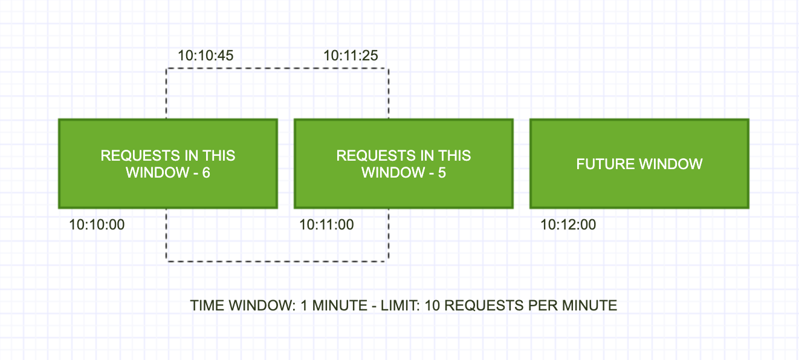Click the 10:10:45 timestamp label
point(205,56)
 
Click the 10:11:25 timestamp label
point(351,56)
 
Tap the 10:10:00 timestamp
point(97,225)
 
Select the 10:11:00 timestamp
point(326,225)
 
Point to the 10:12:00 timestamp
point(568,225)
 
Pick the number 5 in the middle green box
point(441,173)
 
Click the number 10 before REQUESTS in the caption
point(433,306)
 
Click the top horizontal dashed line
point(277,68)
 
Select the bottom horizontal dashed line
point(277,262)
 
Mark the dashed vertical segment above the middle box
point(388,94)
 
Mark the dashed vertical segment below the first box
point(167,235)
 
